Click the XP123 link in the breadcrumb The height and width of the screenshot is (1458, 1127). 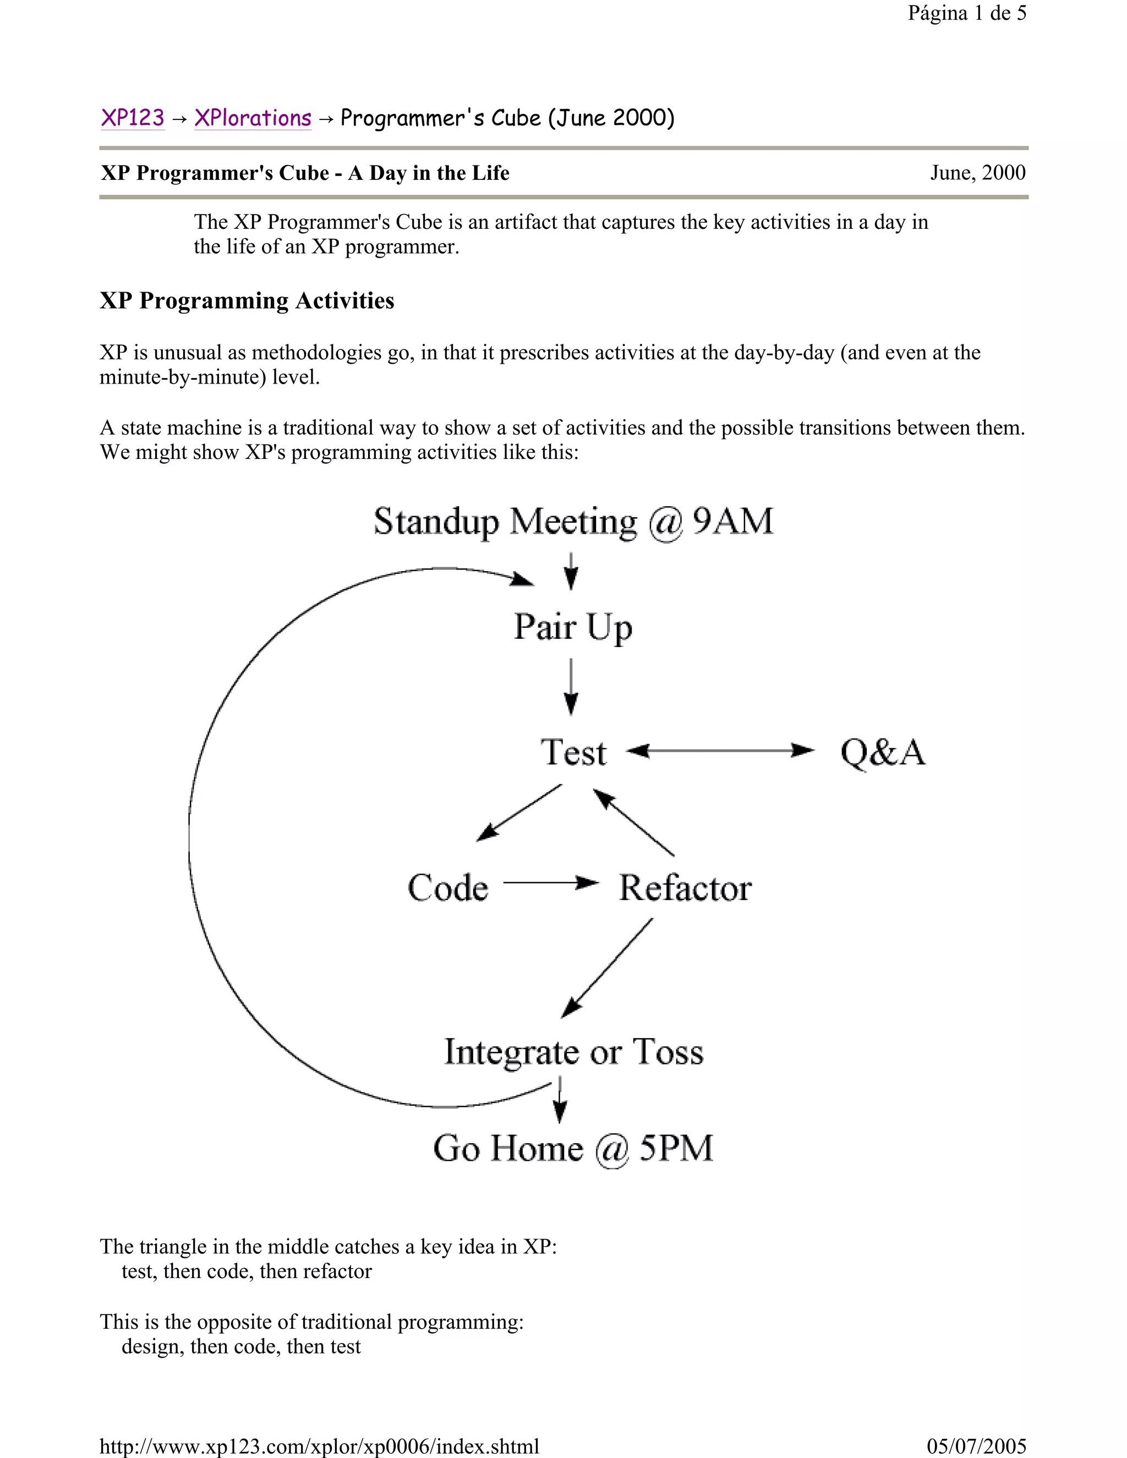point(132,118)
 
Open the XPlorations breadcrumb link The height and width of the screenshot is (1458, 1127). point(253,118)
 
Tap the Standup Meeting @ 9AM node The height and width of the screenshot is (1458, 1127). point(573,522)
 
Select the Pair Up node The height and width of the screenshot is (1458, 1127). point(573,628)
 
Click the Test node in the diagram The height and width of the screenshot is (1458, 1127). point(573,752)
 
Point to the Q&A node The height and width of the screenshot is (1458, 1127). point(883,752)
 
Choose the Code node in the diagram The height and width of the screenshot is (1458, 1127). point(448,888)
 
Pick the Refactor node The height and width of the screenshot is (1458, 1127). point(685,888)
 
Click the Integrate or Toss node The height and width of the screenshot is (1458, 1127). point(573,1052)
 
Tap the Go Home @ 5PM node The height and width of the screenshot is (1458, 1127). point(573,1149)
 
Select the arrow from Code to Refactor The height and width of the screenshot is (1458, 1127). point(550,883)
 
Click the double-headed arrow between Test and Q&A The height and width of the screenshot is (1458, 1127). point(721,751)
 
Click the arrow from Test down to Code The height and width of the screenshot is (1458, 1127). point(519,813)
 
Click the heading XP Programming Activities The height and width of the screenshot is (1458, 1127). point(247,301)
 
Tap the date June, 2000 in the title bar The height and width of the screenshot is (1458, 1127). point(977,173)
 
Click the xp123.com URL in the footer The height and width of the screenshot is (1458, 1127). point(319,1446)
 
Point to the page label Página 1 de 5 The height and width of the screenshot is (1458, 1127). point(967,13)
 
